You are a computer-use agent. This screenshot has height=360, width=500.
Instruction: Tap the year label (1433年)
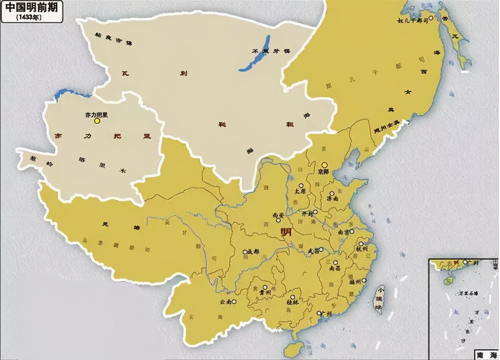pyautogui.click(x=29, y=18)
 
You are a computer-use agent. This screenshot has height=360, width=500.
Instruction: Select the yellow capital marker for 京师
pyautogui.click(x=324, y=165)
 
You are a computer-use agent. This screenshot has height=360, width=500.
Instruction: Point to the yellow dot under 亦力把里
pyautogui.click(x=97, y=121)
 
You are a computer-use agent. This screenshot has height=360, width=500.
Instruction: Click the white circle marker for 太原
pyautogui.click(x=301, y=186)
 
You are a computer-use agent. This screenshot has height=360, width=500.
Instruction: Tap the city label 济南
pyautogui.click(x=332, y=198)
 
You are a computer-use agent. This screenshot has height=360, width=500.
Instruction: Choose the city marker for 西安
pyautogui.click(x=278, y=220)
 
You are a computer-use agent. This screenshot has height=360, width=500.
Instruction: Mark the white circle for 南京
pyautogui.click(x=351, y=232)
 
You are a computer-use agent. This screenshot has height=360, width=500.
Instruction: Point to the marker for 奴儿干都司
pyautogui.click(x=431, y=18)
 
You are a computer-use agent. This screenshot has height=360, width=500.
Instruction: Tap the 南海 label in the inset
pyautogui.click(x=486, y=355)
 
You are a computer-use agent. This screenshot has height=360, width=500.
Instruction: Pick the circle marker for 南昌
pyautogui.click(x=335, y=262)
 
